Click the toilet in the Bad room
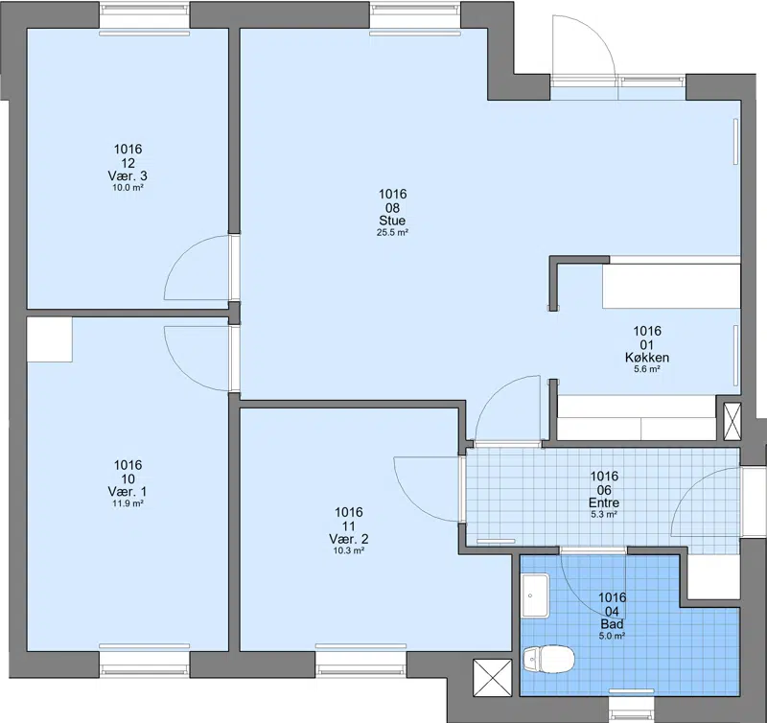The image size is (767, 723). (x=547, y=659)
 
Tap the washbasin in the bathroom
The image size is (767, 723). (x=536, y=595)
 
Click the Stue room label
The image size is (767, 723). (x=392, y=221)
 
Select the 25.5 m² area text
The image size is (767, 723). (x=392, y=233)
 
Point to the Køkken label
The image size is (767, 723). (x=647, y=358)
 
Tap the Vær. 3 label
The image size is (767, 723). (x=128, y=175)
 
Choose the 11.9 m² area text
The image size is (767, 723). (x=128, y=503)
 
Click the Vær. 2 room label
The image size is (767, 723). (x=349, y=539)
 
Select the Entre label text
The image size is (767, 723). (x=604, y=502)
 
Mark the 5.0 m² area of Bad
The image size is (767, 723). (x=613, y=637)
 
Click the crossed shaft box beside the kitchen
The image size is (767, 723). (x=732, y=422)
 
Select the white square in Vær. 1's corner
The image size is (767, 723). (x=50, y=339)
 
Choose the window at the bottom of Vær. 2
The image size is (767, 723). (x=361, y=661)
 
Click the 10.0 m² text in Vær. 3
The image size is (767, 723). (x=128, y=187)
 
